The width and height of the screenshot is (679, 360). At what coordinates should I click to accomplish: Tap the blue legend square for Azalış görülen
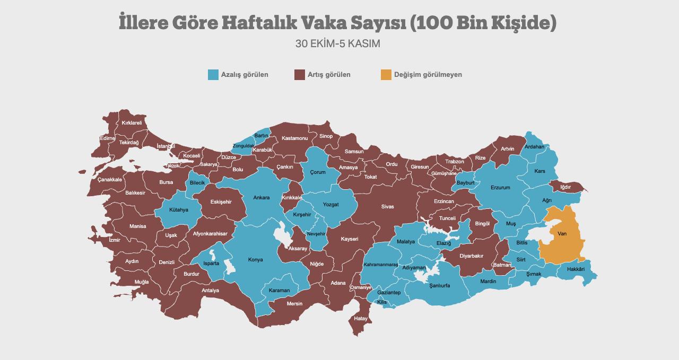pyautogui.click(x=213, y=75)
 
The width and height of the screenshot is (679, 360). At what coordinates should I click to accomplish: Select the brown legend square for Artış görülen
pyautogui.click(x=300, y=75)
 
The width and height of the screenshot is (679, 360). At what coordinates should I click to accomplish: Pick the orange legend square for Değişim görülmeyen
pyautogui.click(x=386, y=75)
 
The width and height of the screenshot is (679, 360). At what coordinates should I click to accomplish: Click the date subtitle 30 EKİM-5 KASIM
pyautogui.click(x=338, y=43)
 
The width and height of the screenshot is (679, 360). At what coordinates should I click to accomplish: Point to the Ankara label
pyautogui.click(x=261, y=198)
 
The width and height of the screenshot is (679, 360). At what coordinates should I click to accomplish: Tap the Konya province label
pyautogui.click(x=255, y=260)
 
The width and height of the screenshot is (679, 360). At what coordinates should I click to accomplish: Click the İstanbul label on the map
pyautogui.click(x=166, y=146)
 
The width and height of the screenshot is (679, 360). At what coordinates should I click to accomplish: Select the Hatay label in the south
pyautogui.click(x=361, y=319)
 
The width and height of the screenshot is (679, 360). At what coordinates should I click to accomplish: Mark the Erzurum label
pyautogui.click(x=500, y=188)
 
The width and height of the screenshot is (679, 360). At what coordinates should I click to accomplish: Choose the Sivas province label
pyautogui.click(x=387, y=207)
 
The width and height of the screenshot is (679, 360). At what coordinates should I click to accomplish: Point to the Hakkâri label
pyautogui.click(x=576, y=269)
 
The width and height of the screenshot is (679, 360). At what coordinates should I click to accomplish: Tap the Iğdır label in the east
pyautogui.click(x=565, y=187)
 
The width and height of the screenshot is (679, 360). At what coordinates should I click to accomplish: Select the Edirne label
pyautogui.click(x=107, y=138)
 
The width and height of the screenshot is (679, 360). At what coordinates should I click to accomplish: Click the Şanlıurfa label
pyautogui.click(x=439, y=285)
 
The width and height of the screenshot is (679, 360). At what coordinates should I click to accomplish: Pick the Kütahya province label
pyautogui.click(x=179, y=210)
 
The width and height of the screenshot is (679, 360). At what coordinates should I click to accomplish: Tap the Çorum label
pyautogui.click(x=318, y=172)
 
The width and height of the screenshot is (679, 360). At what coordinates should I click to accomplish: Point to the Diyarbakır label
pyautogui.click(x=471, y=256)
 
